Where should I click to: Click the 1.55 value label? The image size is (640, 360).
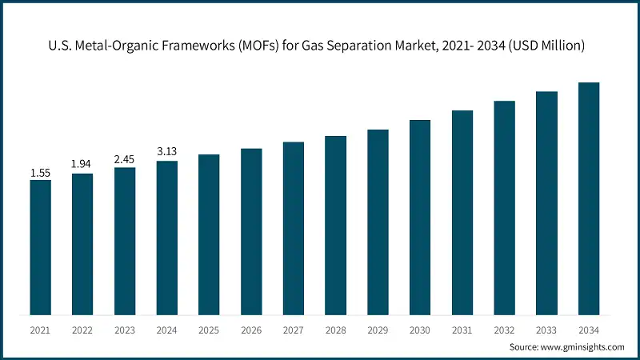41,173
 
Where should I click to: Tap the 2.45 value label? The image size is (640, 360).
125,160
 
